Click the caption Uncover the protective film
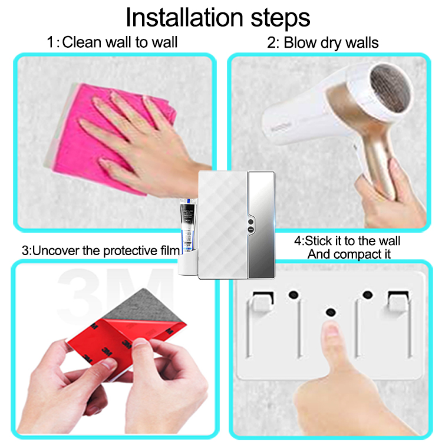(100, 250)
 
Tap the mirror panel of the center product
(261, 224)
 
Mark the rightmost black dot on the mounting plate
(369, 293)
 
